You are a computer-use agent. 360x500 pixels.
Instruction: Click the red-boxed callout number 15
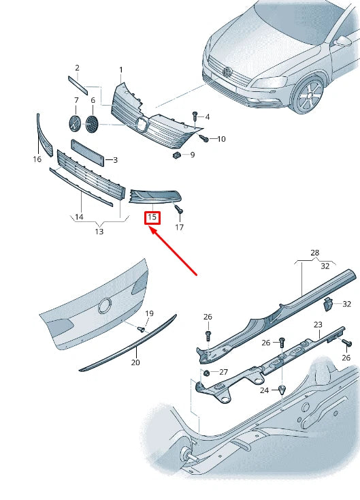click(x=152, y=217)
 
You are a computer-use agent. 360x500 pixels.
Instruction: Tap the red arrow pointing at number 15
click(x=174, y=250)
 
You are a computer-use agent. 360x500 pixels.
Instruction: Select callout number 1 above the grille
click(x=121, y=69)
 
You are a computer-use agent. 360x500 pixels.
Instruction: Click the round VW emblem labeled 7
click(x=76, y=124)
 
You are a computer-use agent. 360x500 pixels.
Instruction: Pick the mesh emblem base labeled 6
click(x=93, y=124)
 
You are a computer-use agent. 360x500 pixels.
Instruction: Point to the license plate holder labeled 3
click(x=88, y=153)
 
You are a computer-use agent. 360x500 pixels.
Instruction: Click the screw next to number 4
click(x=195, y=116)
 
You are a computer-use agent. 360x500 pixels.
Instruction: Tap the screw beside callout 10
click(x=204, y=138)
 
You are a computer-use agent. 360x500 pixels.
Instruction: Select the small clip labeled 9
click(x=176, y=155)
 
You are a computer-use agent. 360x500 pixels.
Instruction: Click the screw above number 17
click(x=180, y=210)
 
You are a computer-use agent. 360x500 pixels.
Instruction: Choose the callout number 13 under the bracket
click(x=99, y=231)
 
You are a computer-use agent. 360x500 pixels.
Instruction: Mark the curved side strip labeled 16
click(x=44, y=135)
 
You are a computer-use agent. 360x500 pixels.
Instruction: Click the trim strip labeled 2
click(x=78, y=85)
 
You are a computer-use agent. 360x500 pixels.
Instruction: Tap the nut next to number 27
click(x=206, y=373)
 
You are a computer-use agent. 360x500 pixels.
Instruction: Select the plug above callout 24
click(x=282, y=390)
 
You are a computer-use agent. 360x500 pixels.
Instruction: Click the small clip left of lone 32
click(x=327, y=304)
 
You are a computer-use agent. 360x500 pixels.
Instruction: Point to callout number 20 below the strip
click(x=135, y=362)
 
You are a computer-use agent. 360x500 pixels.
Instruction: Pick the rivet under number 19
click(x=141, y=329)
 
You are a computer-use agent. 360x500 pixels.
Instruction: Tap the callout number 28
click(x=315, y=253)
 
